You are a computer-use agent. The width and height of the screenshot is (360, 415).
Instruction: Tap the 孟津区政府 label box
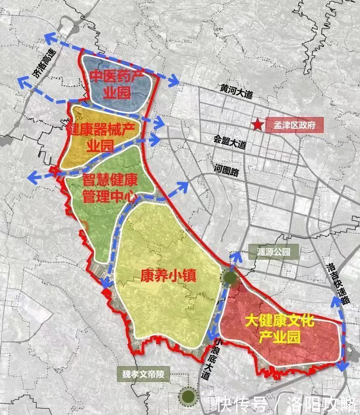294,125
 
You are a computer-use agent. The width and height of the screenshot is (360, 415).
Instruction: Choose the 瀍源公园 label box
274,252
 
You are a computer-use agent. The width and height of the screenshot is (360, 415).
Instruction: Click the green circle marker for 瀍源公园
230,277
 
